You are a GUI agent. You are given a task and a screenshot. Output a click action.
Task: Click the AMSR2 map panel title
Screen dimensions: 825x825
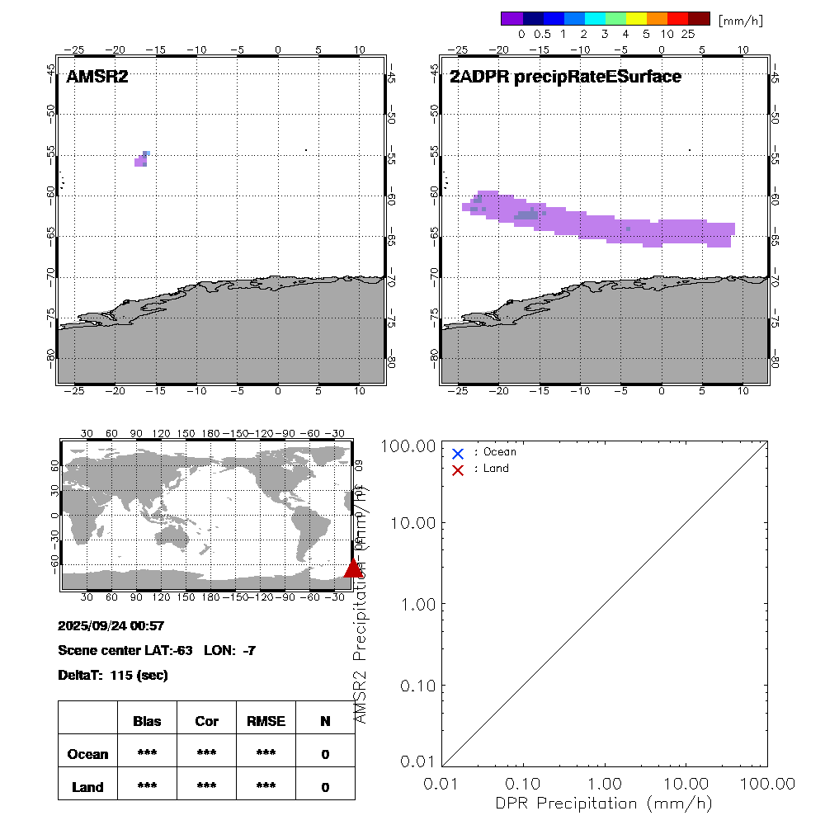click(x=97, y=78)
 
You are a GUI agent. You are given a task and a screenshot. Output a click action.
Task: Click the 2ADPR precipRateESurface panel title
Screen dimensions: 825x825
click(x=565, y=78)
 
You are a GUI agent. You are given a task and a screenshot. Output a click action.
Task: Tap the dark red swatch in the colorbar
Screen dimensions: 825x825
click(x=699, y=18)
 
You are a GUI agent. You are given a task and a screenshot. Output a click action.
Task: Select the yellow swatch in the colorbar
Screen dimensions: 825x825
click(x=636, y=18)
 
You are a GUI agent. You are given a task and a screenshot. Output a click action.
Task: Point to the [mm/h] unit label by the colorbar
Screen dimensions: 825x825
click(x=740, y=20)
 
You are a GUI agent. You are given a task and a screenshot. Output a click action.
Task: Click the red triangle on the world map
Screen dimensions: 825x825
click(x=353, y=568)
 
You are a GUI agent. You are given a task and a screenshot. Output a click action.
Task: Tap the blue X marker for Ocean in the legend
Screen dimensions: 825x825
click(x=458, y=453)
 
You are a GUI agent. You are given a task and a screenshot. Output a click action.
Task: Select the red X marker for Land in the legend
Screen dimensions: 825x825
click(x=458, y=469)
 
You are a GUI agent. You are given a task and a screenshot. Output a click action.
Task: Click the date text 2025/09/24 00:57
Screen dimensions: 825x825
click(x=111, y=626)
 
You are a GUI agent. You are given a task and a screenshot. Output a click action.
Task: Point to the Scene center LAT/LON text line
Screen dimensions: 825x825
click(x=157, y=651)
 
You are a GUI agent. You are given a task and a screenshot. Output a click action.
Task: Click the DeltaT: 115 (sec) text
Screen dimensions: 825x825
click(x=113, y=676)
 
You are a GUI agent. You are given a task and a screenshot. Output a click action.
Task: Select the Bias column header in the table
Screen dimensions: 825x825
click(x=147, y=721)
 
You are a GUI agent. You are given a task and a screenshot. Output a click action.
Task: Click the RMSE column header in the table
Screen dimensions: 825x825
click(x=266, y=721)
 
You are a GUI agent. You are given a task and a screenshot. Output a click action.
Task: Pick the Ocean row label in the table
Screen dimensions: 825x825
click(x=87, y=754)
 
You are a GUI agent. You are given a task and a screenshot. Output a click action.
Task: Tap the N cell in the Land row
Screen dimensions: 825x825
click(x=325, y=787)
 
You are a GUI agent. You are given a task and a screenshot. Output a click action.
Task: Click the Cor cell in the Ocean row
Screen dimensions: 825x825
click(x=206, y=754)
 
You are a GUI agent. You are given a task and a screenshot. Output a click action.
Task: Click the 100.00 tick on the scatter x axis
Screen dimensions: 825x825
click(x=767, y=782)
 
